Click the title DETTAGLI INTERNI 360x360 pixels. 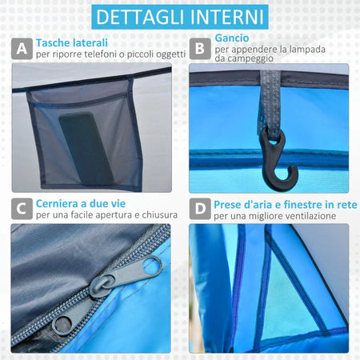click(x=180, y=17)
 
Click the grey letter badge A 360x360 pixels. click(x=22, y=49)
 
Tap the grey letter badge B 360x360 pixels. click(x=200, y=49)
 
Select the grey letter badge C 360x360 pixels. click(x=22, y=209)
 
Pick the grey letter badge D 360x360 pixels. click(x=200, y=209)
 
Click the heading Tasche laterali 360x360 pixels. click(x=72, y=43)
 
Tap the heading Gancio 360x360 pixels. click(x=232, y=38)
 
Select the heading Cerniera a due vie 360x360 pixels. click(x=81, y=204)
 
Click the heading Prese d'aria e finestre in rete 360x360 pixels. click(x=286, y=205)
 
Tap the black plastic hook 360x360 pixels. click(x=278, y=158)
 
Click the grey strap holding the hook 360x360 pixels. click(x=270, y=102)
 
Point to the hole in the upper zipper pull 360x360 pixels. click(x=152, y=266)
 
